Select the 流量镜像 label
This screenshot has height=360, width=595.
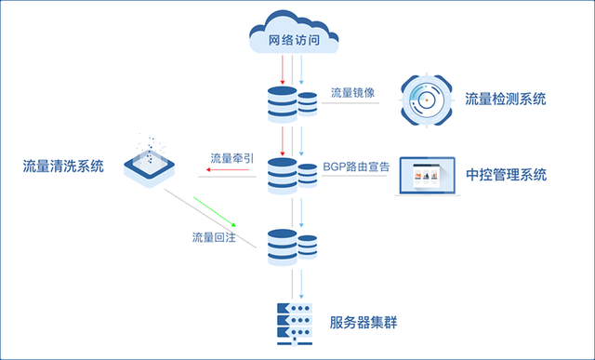(x=353, y=94)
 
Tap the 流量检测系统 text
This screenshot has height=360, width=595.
(x=506, y=100)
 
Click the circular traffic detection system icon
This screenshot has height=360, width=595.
(x=428, y=100)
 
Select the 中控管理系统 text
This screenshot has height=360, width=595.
(x=506, y=174)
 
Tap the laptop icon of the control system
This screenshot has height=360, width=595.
(x=428, y=176)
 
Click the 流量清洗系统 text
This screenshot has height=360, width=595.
(x=63, y=167)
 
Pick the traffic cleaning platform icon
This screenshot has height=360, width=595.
(x=152, y=161)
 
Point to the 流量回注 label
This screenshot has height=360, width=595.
(x=214, y=237)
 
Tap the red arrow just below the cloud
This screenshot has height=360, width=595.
(x=282, y=70)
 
